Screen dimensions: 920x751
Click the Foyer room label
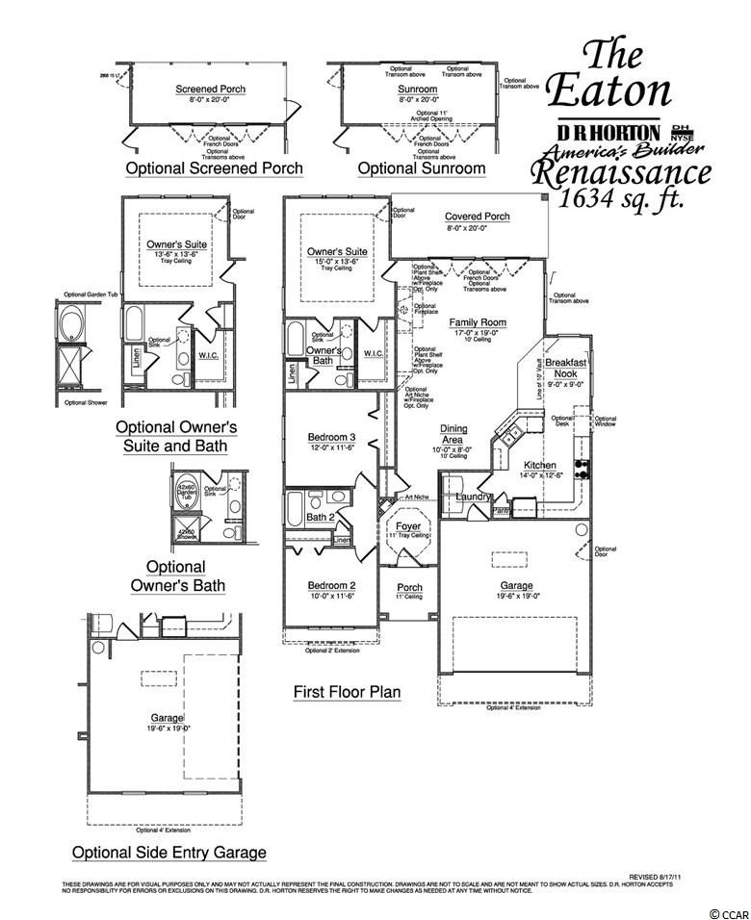(x=408, y=527)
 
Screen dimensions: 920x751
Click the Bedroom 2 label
(x=331, y=585)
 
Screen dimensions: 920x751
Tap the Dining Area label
(x=453, y=435)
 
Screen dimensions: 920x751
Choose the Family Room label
(x=478, y=323)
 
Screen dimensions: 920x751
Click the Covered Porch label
(x=478, y=217)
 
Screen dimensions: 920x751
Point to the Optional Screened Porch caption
(x=215, y=168)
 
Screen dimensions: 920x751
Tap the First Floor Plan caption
(x=347, y=692)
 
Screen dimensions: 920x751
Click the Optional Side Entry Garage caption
(x=169, y=853)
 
